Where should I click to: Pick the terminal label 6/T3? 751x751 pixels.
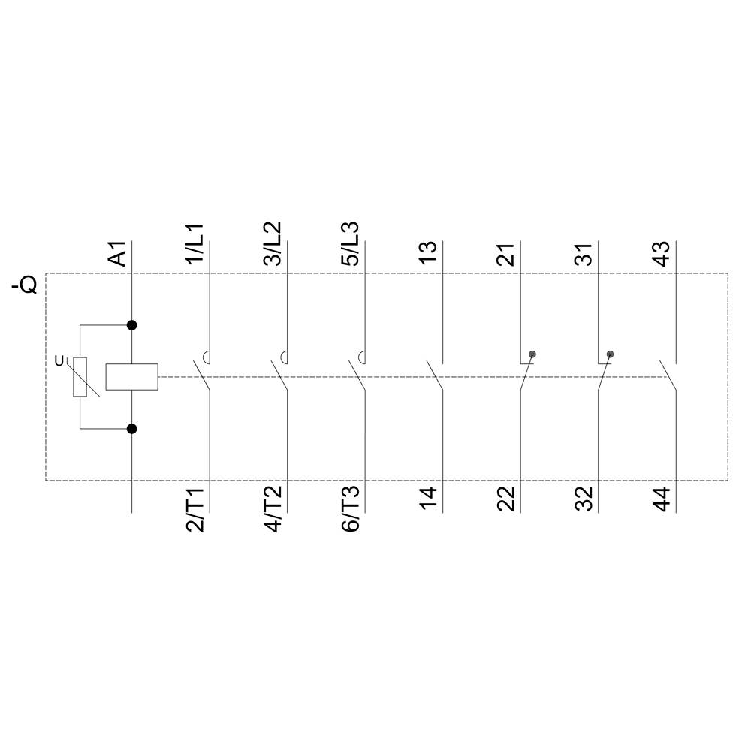pyautogui.click(x=351, y=510)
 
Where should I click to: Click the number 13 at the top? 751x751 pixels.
pyautogui.click(x=428, y=253)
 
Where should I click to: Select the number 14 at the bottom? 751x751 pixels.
pyautogui.click(x=428, y=499)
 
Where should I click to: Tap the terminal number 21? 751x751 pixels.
pyautogui.click(x=507, y=253)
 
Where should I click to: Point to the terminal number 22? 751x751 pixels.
pyautogui.click(x=507, y=499)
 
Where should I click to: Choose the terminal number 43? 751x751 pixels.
pyautogui.click(x=662, y=253)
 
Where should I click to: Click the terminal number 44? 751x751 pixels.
pyautogui.click(x=662, y=499)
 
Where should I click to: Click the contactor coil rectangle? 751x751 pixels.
pyautogui.click(x=131, y=377)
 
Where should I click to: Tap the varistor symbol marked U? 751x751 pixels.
pyautogui.click(x=80, y=377)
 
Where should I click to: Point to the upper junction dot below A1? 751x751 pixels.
pyautogui.click(x=132, y=325)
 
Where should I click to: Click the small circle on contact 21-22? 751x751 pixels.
pyautogui.click(x=532, y=354)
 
